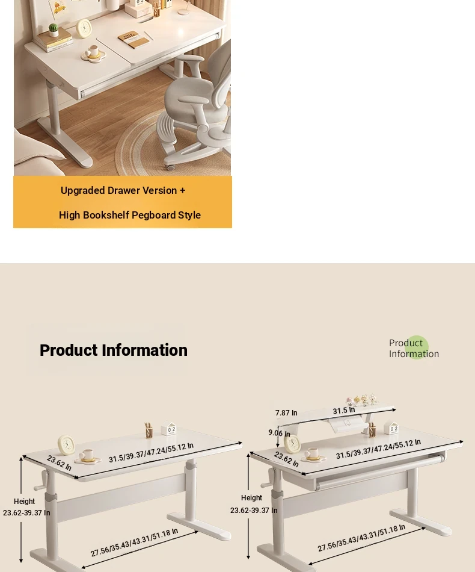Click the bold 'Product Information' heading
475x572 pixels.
click(113, 350)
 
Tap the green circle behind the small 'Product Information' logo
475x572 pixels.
click(416, 347)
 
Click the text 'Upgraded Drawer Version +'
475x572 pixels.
click(123, 190)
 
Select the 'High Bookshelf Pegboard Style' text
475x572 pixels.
click(130, 215)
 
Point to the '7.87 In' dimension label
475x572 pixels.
click(286, 412)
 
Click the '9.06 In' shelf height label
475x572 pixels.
click(280, 433)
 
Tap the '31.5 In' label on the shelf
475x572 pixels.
click(344, 411)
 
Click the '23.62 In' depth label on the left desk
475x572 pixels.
click(59, 462)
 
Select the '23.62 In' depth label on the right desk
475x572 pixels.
click(286, 459)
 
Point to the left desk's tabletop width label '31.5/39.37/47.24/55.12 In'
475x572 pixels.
click(151, 453)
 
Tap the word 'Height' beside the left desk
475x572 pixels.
click(25, 501)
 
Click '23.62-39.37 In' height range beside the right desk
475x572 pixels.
click(254, 511)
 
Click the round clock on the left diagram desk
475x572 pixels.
click(66, 445)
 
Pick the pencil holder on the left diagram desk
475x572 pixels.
click(149, 431)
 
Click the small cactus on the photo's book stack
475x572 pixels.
click(54, 29)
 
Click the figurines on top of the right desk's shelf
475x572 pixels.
click(362, 399)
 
